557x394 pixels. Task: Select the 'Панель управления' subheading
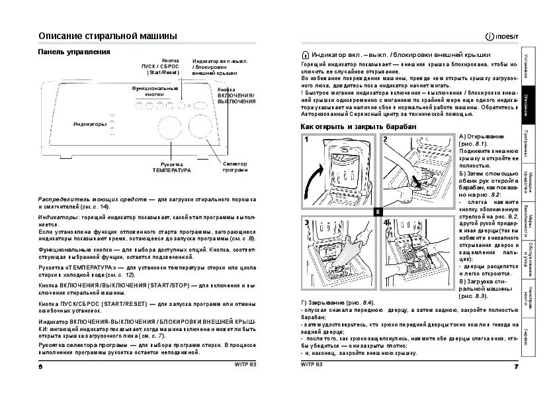73,52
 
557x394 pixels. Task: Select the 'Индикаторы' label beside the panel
89,124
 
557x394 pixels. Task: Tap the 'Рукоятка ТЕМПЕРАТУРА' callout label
171,167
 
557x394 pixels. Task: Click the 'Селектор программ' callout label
235,166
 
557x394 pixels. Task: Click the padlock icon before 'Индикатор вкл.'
304,55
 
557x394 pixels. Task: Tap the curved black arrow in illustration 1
315,179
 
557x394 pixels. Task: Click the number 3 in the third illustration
307,224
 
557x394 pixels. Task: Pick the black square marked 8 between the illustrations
376,211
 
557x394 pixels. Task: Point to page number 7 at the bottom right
515,366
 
